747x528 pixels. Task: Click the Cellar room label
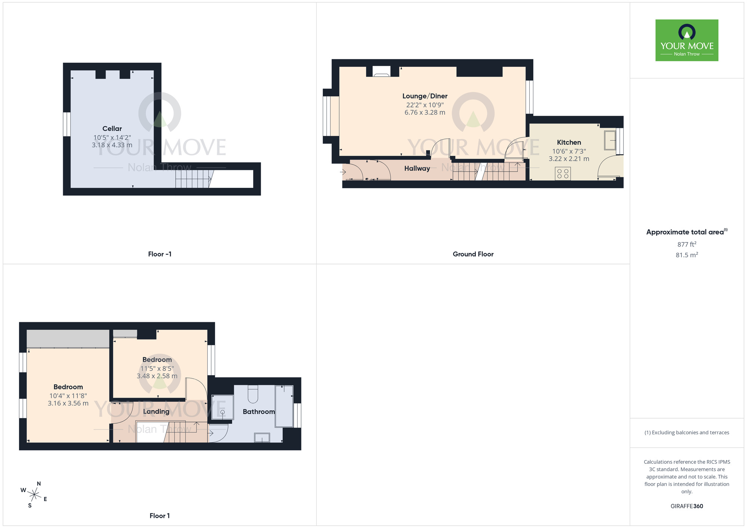tap(112, 128)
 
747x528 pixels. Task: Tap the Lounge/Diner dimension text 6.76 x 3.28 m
tap(425, 112)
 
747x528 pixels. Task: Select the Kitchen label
tap(568, 142)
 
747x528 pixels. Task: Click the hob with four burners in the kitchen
tap(562, 174)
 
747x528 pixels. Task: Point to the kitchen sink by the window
tap(610, 140)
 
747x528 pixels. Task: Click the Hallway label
tap(417, 168)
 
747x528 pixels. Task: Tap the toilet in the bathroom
tap(253, 394)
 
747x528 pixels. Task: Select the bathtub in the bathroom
tap(284, 406)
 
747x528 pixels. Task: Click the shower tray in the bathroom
tap(222, 407)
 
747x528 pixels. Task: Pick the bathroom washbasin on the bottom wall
tap(262, 437)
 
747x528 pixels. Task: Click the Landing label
tap(156, 411)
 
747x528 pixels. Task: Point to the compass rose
tap(34, 495)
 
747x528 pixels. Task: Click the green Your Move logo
tap(686, 40)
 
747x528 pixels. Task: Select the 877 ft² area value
tap(686, 244)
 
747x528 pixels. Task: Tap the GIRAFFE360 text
tap(686, 506)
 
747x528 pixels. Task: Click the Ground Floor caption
tap(473, 254)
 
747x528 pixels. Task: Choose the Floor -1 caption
tap(159, 254)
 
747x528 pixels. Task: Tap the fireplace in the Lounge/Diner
tap(381, 71)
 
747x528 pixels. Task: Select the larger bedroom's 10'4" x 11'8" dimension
tap(68, 396)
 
